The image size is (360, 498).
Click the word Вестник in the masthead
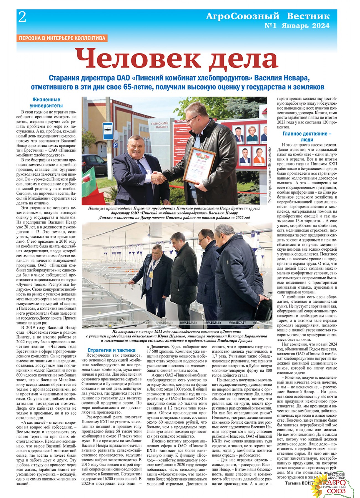[x=308, y=16]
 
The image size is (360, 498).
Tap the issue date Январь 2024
[x=305, y=26]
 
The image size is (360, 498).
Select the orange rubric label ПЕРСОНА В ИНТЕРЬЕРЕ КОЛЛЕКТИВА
[x=62, y=38]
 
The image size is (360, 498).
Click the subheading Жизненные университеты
[x=46, y=102]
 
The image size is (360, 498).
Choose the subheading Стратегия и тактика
[x=111, y=350]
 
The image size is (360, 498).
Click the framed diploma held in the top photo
[x=199, y=166]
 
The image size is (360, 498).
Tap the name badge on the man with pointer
[x=151, y=274]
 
